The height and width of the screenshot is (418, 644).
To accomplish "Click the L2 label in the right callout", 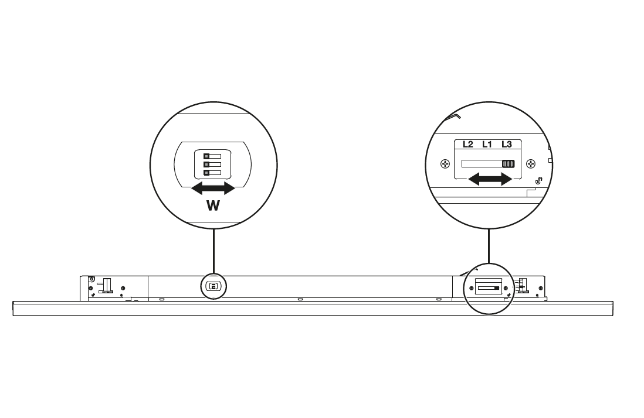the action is pyautogui.click(x=467, y=144).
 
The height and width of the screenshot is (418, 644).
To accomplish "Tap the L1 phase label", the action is pyautogui.click(x=487, y=144).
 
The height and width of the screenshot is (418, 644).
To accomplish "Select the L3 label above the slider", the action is pyautogui.click(x=506, y=144).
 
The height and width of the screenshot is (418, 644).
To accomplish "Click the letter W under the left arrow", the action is pyautogui.click(x=213, y=205).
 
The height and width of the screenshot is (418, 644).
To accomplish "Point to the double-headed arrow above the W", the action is pyautogui.click(x=213, y=188).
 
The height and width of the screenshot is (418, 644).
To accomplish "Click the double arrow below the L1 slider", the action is pyautogui.click(x=490, y=179).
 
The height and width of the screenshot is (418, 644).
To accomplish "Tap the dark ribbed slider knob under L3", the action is pyautogui.click(x=508, y=164).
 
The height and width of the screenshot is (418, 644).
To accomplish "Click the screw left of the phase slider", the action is pyautogui.click(x=445, y=164).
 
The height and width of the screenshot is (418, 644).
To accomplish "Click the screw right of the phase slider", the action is pyautogui.click(x=531, y=164).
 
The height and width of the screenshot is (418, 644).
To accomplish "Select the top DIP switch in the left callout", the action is pyautogui.click(x=212, y=156).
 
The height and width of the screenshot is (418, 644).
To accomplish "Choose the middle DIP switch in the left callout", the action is pyautogui.click(x=212, y=165).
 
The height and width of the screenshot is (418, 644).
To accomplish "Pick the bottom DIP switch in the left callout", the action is pyautogui.click(x=212, y=173).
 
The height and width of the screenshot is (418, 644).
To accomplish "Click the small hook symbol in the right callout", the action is pyautogui.click(x=539, y=180).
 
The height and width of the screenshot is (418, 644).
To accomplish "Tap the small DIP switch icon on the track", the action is pyautogui.click(x=213, y=286).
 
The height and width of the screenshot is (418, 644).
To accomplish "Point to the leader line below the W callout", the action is pyautogui.click(x=213, y=251).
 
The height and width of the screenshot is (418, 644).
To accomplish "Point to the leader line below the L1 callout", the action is pyautogui.click(x=489, y=246).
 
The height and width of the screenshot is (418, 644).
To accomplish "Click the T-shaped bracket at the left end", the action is pyautogui.click(x=106, y=285).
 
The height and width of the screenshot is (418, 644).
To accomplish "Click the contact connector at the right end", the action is pyautogui.click(x=522, y=286).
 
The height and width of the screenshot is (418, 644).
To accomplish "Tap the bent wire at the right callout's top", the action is pyautogui.click(x=453, y=116).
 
